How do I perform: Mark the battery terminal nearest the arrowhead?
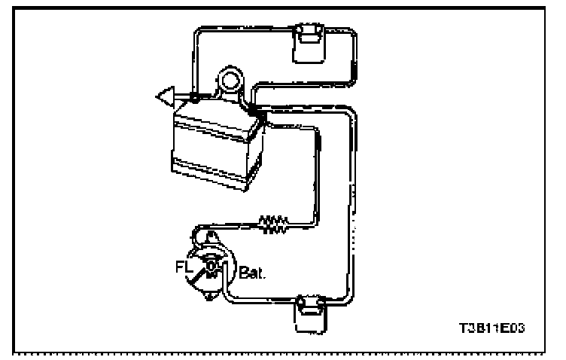[x=195, y=98]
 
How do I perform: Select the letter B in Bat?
[x=244, y=270]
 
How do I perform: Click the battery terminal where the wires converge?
[x=253, y=111]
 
